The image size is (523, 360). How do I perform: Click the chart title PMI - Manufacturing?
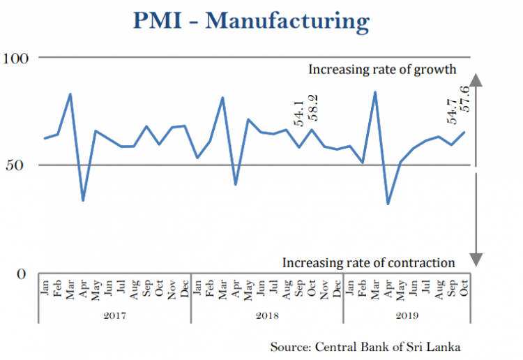(261, 21)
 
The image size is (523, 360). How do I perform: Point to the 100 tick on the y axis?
(18, 57)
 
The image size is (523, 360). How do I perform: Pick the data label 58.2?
(313, 108)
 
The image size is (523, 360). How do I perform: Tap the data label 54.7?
(452, 112)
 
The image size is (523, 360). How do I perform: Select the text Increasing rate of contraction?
(368, 263)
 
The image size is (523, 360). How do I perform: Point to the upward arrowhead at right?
(476, 78)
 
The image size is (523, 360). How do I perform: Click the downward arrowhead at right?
(476, 260)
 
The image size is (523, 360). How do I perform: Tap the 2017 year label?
(114, 316)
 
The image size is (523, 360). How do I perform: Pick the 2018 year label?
(267, 316)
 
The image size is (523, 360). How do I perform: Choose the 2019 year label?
(407, 316)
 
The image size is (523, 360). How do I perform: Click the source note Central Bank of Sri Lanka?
(365, 346)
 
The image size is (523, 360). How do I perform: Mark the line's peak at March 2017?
(70, 93)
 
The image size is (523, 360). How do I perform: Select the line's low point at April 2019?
(388, 204)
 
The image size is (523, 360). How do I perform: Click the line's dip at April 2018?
(235, 185)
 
